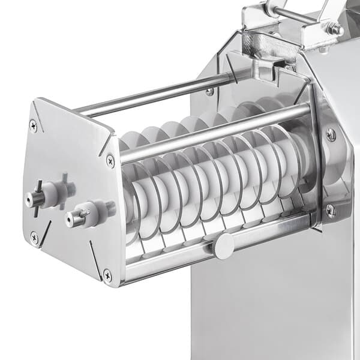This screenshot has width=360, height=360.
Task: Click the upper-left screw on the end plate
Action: [x=34, y=126]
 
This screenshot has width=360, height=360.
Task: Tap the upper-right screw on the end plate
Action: [x=110, y=160]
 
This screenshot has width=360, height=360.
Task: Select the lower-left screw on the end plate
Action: [x=34, y=237]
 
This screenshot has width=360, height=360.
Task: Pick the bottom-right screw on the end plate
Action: [x=107, y=275]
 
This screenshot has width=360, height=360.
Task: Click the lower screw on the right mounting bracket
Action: [x=331, y=211]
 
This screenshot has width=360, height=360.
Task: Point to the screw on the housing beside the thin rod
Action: [x=209, y=91]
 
